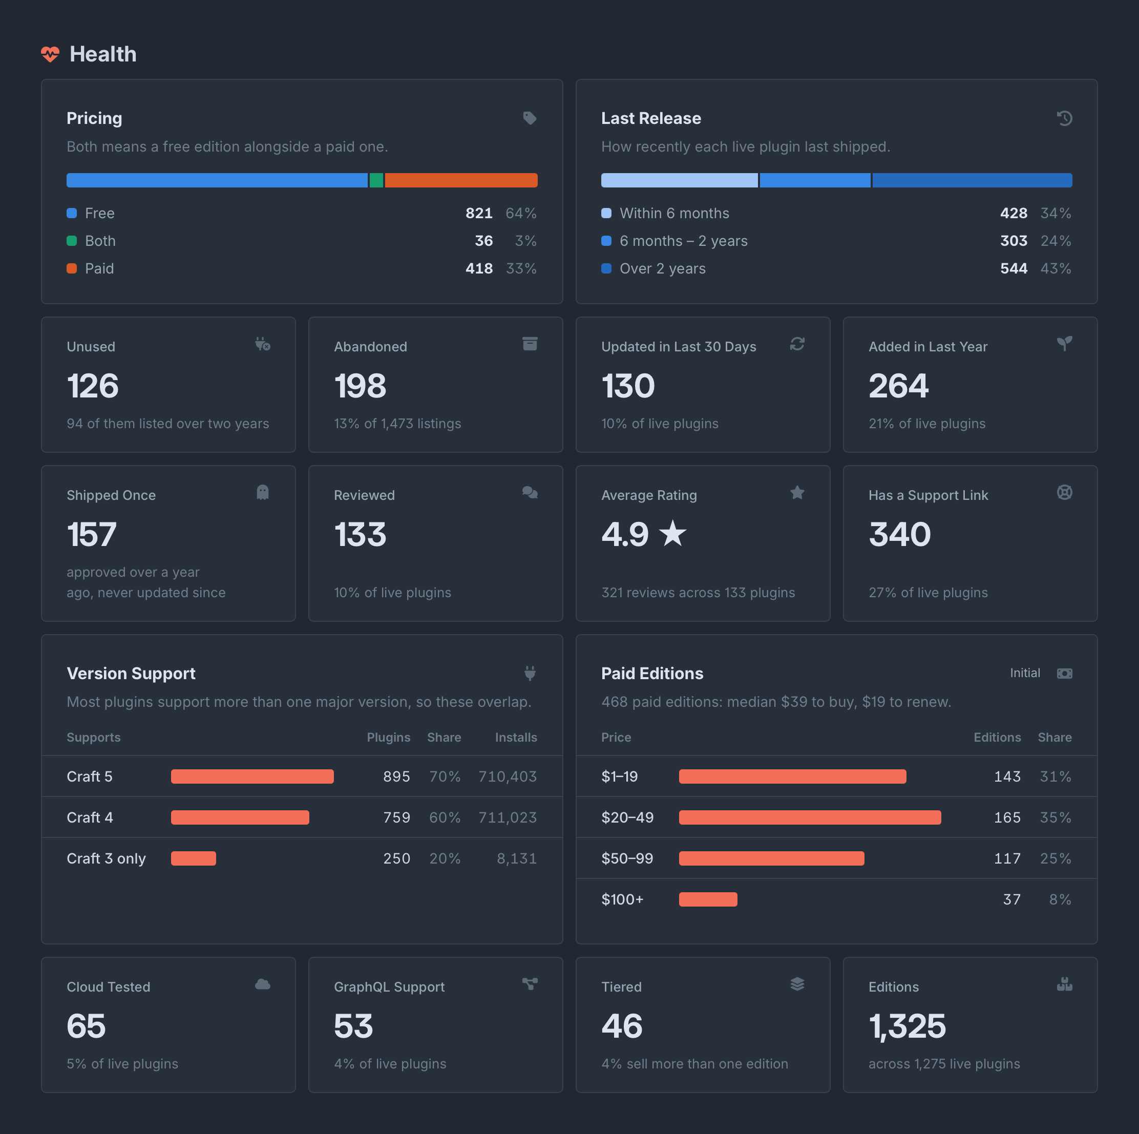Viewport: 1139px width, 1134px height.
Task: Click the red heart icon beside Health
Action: point(50,54)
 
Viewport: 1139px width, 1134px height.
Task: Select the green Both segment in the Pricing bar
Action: point(376,180)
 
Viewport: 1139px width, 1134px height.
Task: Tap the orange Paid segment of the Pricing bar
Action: point(461,180)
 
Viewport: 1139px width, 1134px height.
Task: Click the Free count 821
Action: point(479,214)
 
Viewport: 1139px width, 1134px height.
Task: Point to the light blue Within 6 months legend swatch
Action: point(606,214)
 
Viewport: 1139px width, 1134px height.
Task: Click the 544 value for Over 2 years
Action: point(1014,269)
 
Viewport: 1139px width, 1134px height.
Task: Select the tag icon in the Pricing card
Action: point(530,118)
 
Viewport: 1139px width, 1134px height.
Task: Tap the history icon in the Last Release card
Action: point(1064,118)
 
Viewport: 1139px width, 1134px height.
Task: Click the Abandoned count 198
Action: point(360,386)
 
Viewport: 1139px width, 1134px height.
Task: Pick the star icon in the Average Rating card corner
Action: point(797,492)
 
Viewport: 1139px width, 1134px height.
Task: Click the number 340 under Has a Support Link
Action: point(900,535)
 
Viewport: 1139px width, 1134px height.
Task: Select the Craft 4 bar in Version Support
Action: point(240,817)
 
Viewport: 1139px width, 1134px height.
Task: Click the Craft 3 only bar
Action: point(194,858)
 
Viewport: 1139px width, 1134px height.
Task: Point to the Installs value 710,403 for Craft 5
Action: point(508,776)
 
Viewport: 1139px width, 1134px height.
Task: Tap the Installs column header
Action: point(516,737)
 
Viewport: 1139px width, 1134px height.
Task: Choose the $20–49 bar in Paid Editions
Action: point(810,817)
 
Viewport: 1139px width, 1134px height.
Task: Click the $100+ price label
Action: point(623,899)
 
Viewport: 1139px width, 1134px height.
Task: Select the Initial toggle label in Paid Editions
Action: point(1025,673)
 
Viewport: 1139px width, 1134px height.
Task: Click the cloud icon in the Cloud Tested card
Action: point(263,984)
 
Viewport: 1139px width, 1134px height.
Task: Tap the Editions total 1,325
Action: point(908,1026)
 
